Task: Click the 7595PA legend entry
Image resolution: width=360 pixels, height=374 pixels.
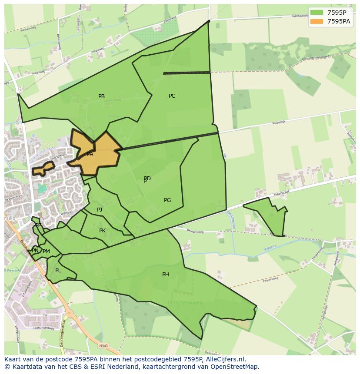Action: click(x=330, y=21)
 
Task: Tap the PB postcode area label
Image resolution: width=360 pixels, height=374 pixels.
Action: click(x=101, y=96)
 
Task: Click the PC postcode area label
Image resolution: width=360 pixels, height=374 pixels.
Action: click(x=172, y=96)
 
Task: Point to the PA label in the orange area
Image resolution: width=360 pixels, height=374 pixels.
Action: click(x=90, y=154)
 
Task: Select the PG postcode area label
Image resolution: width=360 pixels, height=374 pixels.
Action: click(x=167, y=200)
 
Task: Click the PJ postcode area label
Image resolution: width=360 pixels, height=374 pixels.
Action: click(x=100, y=210)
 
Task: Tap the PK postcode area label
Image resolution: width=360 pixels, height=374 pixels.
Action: click(x=102, y=231)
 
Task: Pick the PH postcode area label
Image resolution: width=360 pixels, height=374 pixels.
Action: click(x=165, y=275)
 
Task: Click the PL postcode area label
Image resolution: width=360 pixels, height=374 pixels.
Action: click(x=58, y=271)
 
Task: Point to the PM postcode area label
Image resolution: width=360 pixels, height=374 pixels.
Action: click(x=46, y=252)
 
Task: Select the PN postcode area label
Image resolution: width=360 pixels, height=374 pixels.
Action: click(x=35, y=251)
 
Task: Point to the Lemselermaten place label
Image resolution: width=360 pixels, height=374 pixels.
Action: click(x=185, y=302)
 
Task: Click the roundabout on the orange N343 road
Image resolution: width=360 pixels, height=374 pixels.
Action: click(x=68, y=313)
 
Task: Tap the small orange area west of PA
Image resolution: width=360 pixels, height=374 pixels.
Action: click(x=43, y=168)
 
